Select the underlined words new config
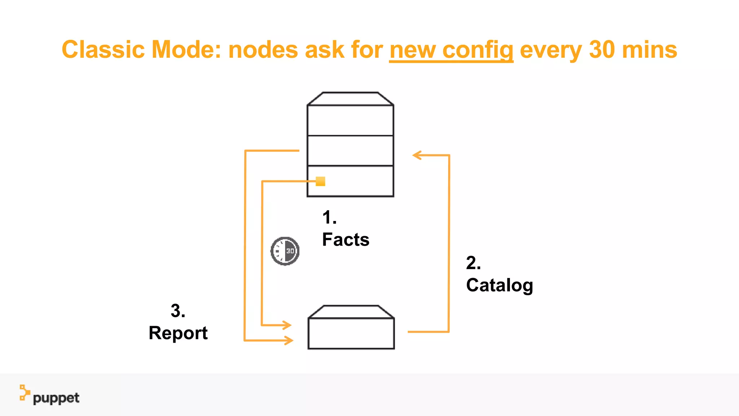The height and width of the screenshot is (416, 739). pyautogui.click(x=451, y=50)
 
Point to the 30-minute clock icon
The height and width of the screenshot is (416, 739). pyautogui.click(x=285, y=251)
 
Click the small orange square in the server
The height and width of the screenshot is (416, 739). pyautogui.click(x=320, y=181)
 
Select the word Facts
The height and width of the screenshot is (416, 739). pyautogui.click(x=346, y=240)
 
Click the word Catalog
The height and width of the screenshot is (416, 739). pyautogui.click(x=499, y=285)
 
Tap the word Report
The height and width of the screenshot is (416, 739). pyautogui.click(x=178, y=333)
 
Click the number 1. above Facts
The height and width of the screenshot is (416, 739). pyautogui.click(x=329, y=218)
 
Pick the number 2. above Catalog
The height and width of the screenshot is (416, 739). pyautogui.click(x=473, y=263)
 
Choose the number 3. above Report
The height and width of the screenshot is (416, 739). pyautogui.click(x=178, y=311)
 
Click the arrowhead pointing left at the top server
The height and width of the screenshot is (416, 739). pyautogui.click(x=417, y=155)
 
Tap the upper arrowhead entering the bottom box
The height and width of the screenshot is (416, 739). pyautogui.click(x=287, y=325)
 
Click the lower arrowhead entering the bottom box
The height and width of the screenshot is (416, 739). pyautogui.click(x=289, y=340)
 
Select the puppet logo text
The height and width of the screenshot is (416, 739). pyautogui.click(x=56, y=398)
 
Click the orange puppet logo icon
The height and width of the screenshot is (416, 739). pyautogui.click(x=24, y=393)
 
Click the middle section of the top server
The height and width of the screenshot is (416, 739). pyautogui.click(x=350, y=151)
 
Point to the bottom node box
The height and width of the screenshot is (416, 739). pyautogui.click(x=351, y=333)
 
